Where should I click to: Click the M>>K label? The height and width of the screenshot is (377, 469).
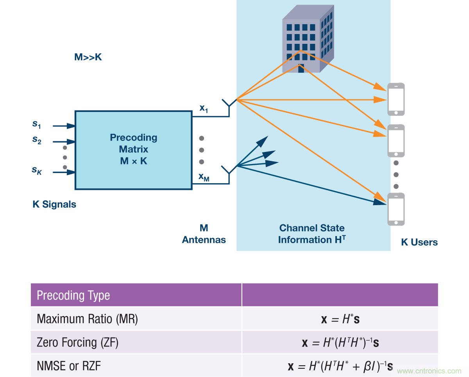88,57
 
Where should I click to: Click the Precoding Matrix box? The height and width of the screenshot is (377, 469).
133,150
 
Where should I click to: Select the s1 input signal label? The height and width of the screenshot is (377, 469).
37,124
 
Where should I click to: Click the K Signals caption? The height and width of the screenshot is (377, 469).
54,204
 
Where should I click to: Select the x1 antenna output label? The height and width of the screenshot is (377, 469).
204,108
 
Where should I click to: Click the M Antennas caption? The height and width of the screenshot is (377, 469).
204,234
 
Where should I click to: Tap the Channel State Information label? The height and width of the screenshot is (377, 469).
312,234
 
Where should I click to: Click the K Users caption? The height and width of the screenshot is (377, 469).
419,242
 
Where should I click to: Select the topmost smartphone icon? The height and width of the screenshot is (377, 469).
396,99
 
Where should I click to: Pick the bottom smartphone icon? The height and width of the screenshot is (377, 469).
396,209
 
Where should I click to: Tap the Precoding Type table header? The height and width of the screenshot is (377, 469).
73,295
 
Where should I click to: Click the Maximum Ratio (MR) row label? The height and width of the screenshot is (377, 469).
87,319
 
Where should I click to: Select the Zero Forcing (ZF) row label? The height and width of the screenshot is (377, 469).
77,343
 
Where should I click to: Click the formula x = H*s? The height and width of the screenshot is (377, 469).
340,319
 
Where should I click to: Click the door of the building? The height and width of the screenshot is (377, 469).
301,69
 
